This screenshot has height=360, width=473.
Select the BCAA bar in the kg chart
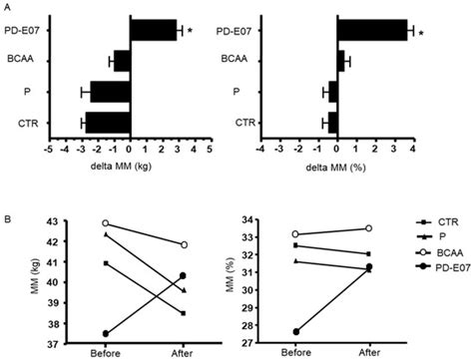point(122,61)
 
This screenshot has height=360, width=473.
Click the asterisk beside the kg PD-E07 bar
point(190,34)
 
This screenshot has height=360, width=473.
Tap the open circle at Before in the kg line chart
point(106,223)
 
